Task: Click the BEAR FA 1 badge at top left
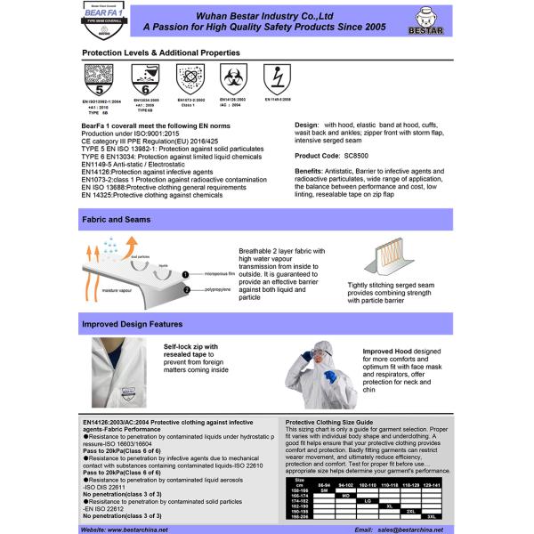click(109, 19)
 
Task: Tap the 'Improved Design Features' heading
click(133, 323)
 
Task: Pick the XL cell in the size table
click(388, 506)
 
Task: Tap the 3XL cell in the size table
click(431, 517)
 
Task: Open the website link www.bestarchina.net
click(135, 529)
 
